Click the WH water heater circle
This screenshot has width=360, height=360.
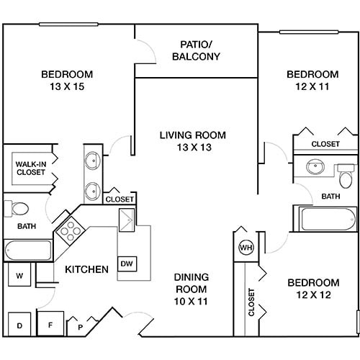[245, 248]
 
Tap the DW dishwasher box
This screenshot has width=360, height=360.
[127, 264]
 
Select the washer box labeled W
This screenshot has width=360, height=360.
[19, 275]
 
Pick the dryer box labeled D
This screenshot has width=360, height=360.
[19, 325]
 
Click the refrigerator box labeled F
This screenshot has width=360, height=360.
[50, 324]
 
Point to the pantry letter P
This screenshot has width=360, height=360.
[81, 327]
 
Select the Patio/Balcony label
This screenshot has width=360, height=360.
[195, 50]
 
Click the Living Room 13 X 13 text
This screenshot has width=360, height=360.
[192, 141]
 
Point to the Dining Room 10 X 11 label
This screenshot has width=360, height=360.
[192, 289]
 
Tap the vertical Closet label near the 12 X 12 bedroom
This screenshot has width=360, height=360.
[251, 302]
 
